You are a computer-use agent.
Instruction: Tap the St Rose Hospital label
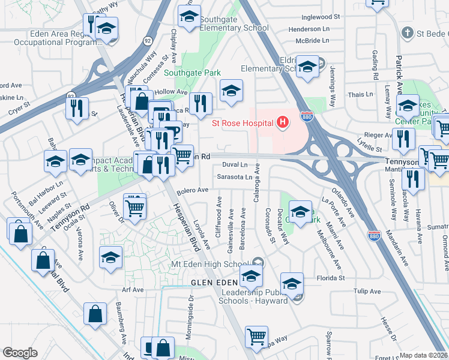(243, 124)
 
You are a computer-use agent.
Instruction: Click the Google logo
(20, 353)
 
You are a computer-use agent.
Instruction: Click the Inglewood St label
(322, 17)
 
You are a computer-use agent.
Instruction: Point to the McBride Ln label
(312, 40)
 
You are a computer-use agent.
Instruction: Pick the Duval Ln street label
(234, 164)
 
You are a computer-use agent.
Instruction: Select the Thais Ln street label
(361, 95)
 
